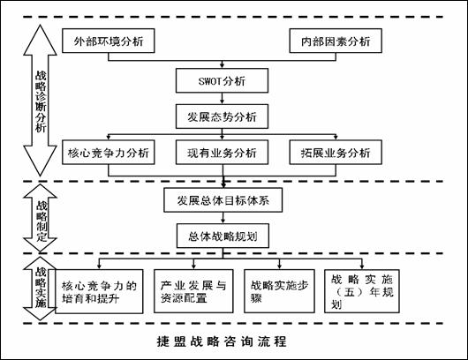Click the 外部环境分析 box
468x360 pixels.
[108, 41]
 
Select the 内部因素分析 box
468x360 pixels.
[336, 41]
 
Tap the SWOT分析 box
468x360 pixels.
[222, 80]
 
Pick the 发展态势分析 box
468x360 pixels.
[222, 116]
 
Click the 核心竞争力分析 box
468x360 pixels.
[108, 152]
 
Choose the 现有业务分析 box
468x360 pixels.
[222, 152]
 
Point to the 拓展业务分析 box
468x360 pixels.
[336, 152]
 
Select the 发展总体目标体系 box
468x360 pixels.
[223, 199]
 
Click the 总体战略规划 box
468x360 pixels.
[223, 236]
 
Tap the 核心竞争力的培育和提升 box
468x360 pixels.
[99, 291]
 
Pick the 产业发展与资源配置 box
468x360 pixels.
[193, 291]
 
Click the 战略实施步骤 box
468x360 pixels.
[279, 291]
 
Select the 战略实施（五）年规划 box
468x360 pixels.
[362, 291]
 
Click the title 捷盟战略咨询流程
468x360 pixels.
[222, 341]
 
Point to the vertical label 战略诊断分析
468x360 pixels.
[41, 101]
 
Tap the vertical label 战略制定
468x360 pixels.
[42, 221]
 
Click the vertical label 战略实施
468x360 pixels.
[41, 287]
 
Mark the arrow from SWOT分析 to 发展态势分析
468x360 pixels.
[222, 99]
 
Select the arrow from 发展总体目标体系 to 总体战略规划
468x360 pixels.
[223, 218]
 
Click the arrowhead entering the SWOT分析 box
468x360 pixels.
[222, 65]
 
